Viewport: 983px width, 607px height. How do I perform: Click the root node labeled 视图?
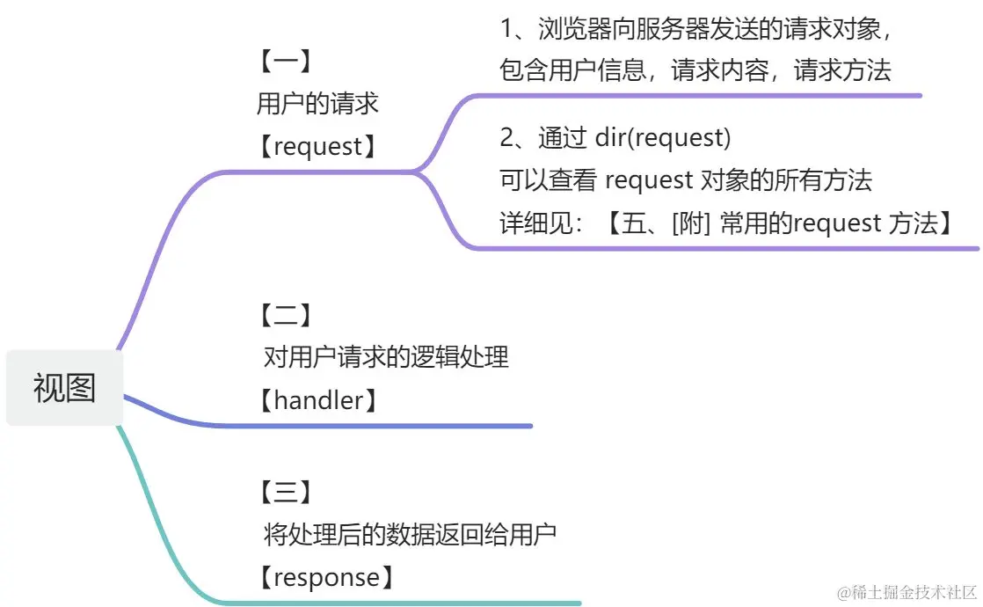coord(64,387)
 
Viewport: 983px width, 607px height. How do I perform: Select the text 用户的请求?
coord(317,104)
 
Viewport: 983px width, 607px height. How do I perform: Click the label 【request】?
coord(317,146)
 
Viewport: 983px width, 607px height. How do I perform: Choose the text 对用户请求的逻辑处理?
coord(386,357)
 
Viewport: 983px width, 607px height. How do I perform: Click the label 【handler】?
coord(318,401)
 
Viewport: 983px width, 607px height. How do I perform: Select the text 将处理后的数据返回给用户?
coord(410,534)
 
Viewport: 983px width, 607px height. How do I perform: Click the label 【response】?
coord(324,578)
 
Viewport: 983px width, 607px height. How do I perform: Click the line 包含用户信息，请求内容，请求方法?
coord(695,70)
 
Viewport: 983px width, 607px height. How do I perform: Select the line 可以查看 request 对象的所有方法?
coord(686,179)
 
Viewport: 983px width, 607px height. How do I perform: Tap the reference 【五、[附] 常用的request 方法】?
coord(779,223)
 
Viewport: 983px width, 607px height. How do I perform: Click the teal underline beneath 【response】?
coord(396,603)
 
